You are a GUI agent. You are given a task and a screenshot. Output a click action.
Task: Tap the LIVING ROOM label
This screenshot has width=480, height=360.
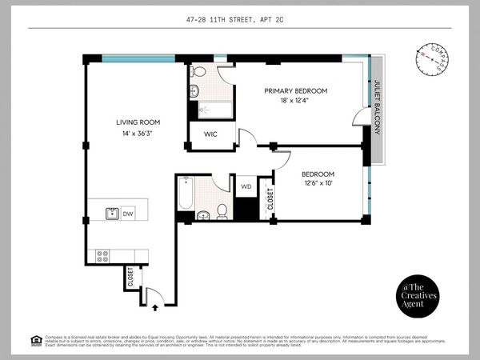(x=138, y=122)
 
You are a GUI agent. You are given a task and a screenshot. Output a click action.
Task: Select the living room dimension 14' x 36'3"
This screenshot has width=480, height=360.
(x=138, y=134)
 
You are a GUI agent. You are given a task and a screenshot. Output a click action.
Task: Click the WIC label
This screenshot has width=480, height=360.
(x=212, y=134)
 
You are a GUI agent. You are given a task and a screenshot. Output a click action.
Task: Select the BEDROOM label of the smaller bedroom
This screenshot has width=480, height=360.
(x=318, y=174)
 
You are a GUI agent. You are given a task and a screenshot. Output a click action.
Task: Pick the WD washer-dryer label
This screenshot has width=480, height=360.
(x=246, y=186)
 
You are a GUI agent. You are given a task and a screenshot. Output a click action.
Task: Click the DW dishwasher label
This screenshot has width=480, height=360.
(x=127, y=214)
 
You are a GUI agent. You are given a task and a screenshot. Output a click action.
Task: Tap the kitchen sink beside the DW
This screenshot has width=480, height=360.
(x=112, y=214)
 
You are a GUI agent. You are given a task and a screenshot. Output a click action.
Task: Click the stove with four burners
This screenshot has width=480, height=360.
(x=102, y=256)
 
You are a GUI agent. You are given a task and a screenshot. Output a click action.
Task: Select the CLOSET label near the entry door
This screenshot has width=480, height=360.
(x=130, y=278)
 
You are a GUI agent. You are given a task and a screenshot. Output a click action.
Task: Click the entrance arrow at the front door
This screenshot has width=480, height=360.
(x=154, y=304)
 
